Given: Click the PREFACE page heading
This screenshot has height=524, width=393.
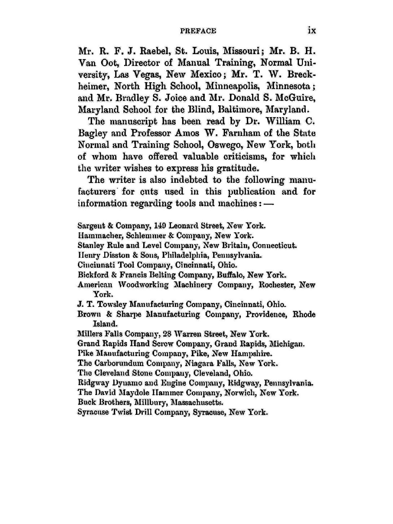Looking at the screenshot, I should [199, 31].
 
